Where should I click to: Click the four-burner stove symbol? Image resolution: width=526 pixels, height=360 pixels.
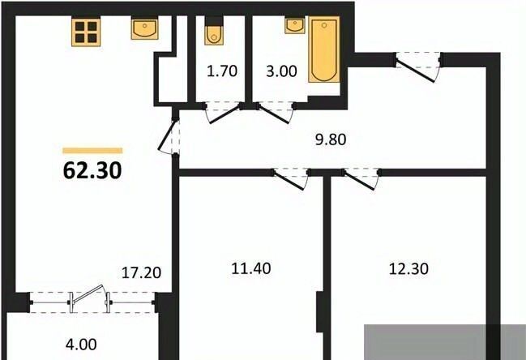[x=86, y=32]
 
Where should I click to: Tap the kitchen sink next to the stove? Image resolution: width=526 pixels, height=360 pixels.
[x=144, y=29]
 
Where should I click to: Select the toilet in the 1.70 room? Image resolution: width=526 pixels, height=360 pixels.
[x=214, y=31]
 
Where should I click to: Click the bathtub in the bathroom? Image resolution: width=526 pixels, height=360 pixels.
[x=323, y=50]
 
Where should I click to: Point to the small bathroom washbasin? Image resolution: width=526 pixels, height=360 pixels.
[x=295, y=25]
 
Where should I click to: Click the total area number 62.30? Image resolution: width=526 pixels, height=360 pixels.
[x=92, y=171]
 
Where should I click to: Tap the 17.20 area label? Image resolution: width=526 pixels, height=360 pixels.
[x=141, y=272]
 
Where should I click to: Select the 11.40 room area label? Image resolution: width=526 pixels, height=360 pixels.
[x=251, y=268]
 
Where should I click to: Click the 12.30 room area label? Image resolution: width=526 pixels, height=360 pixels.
[x=408, y=268]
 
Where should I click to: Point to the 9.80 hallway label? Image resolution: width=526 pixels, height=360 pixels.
[x=331, y=139]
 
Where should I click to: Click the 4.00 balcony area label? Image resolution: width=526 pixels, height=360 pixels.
[x=81, y=345]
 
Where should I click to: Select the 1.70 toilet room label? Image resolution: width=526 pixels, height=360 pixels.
[x=222, y=71]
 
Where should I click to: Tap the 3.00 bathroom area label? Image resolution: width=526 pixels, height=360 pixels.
[x=281, y=71]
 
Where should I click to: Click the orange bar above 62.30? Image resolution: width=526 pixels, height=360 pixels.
[x=92, y=151]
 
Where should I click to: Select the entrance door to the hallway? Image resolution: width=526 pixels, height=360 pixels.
[x=418, y=67]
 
